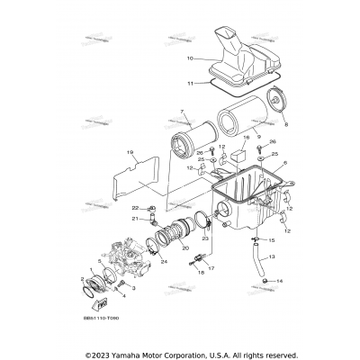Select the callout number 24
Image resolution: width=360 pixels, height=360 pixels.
pos(164,262)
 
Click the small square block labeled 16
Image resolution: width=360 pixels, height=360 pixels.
pos(238,154)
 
